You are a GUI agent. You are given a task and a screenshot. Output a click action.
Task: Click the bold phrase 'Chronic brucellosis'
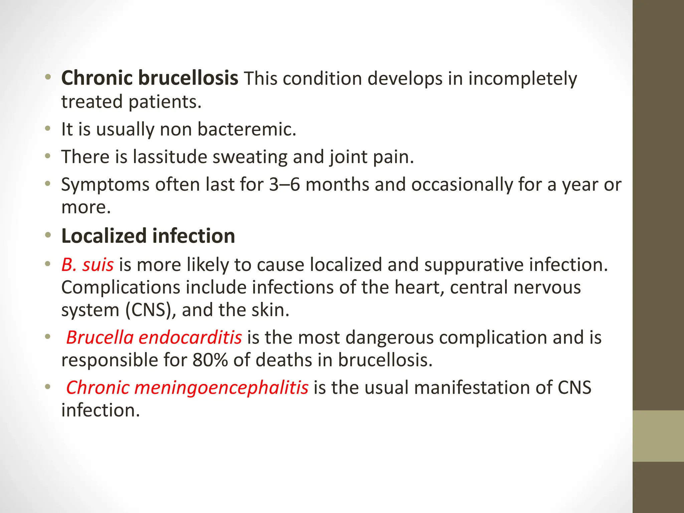[x=150, y=78]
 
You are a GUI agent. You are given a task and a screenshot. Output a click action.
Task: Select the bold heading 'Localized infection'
[x=148, y=236]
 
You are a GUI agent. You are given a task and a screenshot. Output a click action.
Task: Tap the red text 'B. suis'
[x=88, y=265]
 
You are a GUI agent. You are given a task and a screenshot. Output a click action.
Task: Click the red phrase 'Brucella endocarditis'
[x=154, y=337]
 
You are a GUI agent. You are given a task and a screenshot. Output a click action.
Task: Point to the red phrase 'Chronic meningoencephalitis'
[x=187, y=387]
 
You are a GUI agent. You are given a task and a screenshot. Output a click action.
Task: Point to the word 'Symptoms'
[x=105, y=185]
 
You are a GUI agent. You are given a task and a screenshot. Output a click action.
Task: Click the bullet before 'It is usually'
[x=48, y=129]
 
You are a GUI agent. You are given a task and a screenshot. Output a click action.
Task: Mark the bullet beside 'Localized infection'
[x=48, y=235]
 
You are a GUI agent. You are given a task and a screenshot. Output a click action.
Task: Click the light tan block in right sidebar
[x=658, y=436]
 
